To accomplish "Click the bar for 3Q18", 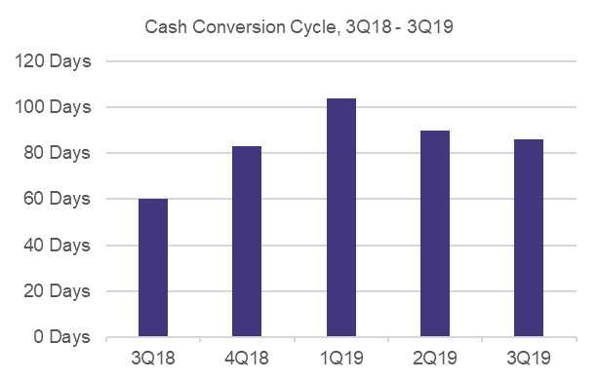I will point(153,268).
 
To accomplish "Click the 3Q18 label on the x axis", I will point(153,359).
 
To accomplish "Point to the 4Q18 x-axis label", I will point(247,359).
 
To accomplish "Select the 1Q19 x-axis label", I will point(341,359).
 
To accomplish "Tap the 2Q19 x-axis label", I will point(435,359).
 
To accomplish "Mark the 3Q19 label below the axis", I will point(529,359).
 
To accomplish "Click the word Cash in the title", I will point(164,26).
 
